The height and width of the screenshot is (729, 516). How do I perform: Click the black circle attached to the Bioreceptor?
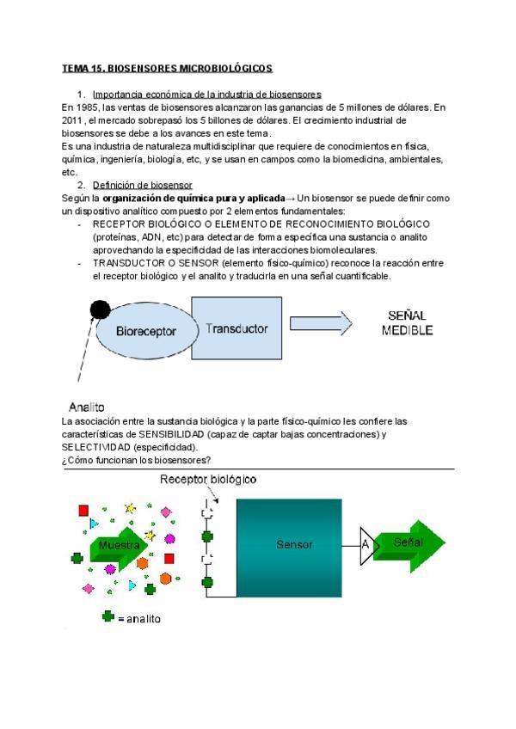pos(100,308)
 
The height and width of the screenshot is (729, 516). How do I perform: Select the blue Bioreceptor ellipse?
pos(146,330)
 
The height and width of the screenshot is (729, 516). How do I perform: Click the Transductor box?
pos(236,328)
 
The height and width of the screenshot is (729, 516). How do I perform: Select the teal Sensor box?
pos(294,544)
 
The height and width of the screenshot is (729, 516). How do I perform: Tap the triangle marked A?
pos(367,545)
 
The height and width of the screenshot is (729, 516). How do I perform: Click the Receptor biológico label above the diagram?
pos(208,479)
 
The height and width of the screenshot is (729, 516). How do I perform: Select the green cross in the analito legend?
pos(108,616)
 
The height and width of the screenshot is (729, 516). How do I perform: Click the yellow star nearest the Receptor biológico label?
pos(131,508)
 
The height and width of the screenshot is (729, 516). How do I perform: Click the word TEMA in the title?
pos(75,67)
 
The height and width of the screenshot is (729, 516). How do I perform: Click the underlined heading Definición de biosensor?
pos(143,185)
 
